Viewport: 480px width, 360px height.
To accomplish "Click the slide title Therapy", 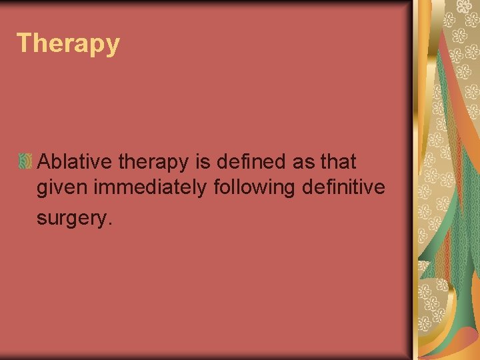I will click(x=69, y=43).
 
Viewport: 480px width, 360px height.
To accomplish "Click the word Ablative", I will click(x=76, y=161).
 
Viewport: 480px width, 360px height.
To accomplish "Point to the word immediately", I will click(x=150, y=189).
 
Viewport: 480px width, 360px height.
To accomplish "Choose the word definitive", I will click(x=343, y=188).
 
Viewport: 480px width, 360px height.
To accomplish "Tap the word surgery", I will click(x=69, y=218).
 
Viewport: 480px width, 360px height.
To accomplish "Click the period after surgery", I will click(x=103, y=222).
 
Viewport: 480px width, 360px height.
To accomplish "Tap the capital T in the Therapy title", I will click(x=24, y=43).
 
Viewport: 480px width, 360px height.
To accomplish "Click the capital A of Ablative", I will click(x=45, y=161).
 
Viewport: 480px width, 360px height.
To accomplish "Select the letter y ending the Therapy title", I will click(x=113, y=46).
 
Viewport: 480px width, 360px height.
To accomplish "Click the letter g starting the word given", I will click(x=41, y=190).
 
